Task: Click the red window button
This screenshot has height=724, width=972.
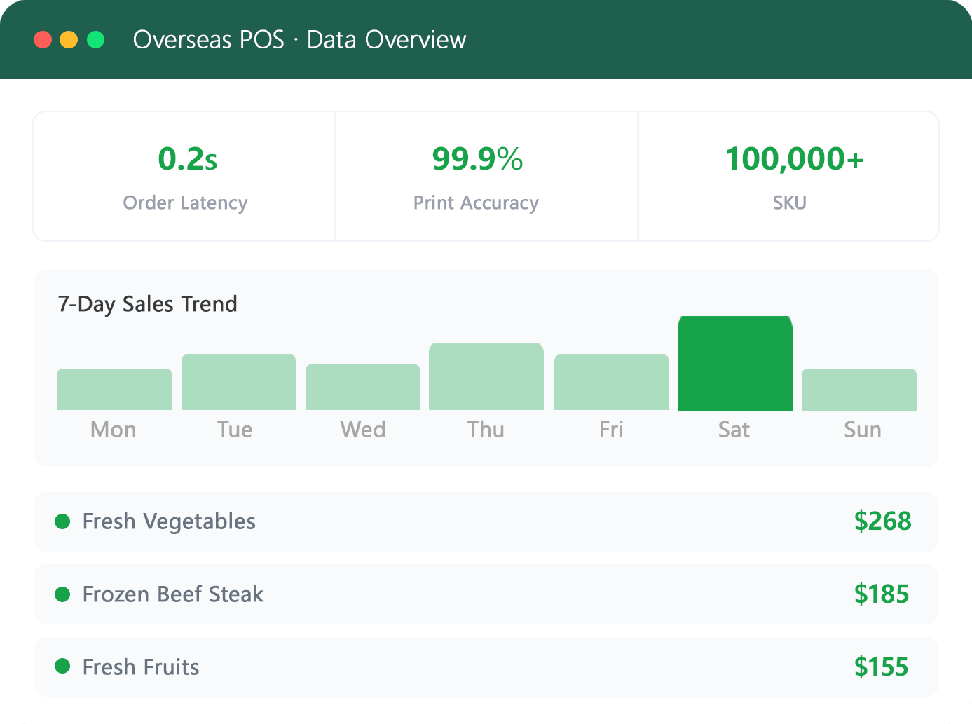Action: click(x=43, y=39)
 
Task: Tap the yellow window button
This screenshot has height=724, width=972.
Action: click(x=69, y=39)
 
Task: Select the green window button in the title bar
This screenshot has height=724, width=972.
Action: click(x=95, y=39)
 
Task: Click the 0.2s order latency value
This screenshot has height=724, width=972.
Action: click(x=188, y=158)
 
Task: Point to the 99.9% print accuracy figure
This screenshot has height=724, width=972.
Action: click(x=477, y=158)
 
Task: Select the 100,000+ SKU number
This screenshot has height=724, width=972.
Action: click(x=794, y=158)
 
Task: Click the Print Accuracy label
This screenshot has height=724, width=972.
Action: click(x=476, y=203)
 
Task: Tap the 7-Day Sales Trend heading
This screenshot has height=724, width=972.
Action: click(x=147, y=303)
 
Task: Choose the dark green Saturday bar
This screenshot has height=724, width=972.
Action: click(x=735, y=363)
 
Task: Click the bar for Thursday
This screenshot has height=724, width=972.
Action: click(x=486, y=377)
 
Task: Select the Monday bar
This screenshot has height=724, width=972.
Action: click(x=114, y=390)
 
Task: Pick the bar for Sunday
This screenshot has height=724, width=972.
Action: click(x=859, y=390)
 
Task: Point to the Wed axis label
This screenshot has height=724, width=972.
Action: click(x=363, y=430)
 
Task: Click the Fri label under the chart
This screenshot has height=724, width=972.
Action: click(x=611, y=430)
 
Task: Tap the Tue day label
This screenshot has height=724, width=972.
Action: click(x=235, y=430)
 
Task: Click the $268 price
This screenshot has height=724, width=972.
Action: click(x=882, y=521)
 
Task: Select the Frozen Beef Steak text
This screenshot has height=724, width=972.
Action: click(x=173, y=594)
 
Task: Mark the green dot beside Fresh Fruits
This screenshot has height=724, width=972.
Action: click(x=62, y=666)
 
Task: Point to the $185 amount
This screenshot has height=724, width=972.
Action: click(x=882, y=594)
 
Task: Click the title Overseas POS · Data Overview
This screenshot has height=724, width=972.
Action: click(x=299, y=39)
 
